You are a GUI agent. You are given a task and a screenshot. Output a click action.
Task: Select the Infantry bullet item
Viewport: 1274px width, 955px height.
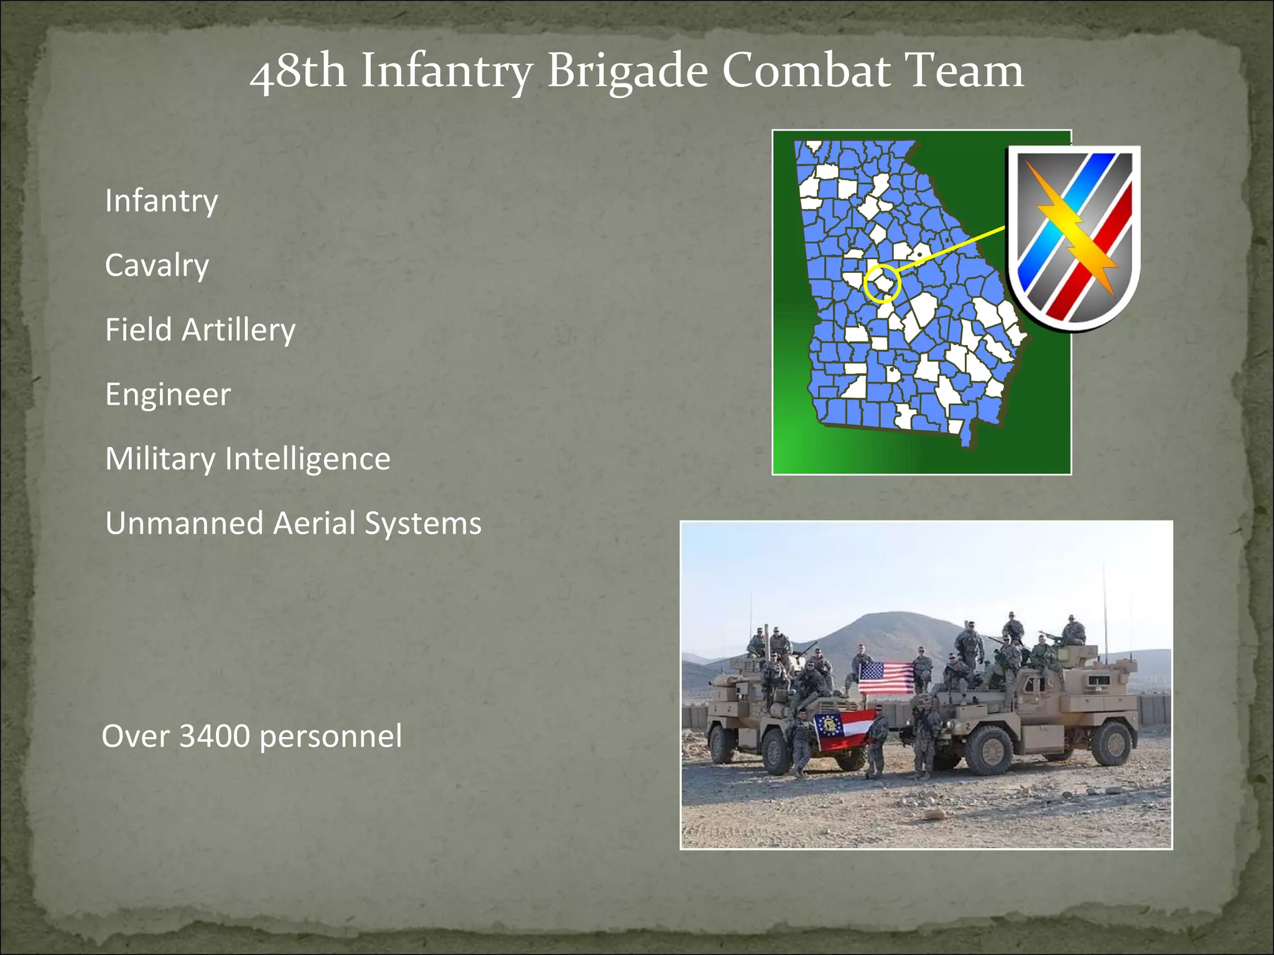[x=161, y=201]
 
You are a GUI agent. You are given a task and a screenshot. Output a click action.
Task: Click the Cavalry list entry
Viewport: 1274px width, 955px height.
[x=157, y=265]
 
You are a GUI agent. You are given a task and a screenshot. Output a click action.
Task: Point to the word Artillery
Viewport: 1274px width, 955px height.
[x=238, y=330]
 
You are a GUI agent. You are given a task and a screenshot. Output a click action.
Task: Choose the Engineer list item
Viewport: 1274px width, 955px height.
[x=168, y=395]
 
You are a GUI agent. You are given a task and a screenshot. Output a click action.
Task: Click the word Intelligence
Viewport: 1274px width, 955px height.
[x=307, y=459]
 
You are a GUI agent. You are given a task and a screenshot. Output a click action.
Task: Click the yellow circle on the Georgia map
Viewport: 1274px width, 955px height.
[x=882, y=284]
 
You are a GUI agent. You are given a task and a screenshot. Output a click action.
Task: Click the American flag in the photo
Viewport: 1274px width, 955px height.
[x=886, y=678]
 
